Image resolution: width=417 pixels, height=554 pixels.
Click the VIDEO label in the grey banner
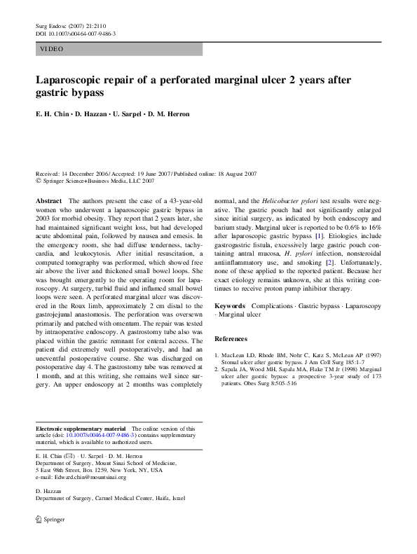click(50, 49)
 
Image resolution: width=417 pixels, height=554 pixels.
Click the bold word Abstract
click(48, 200)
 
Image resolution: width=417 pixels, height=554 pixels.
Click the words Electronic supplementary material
click(80, 428)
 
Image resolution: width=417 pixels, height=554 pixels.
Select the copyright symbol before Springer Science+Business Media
click(39, 181)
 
